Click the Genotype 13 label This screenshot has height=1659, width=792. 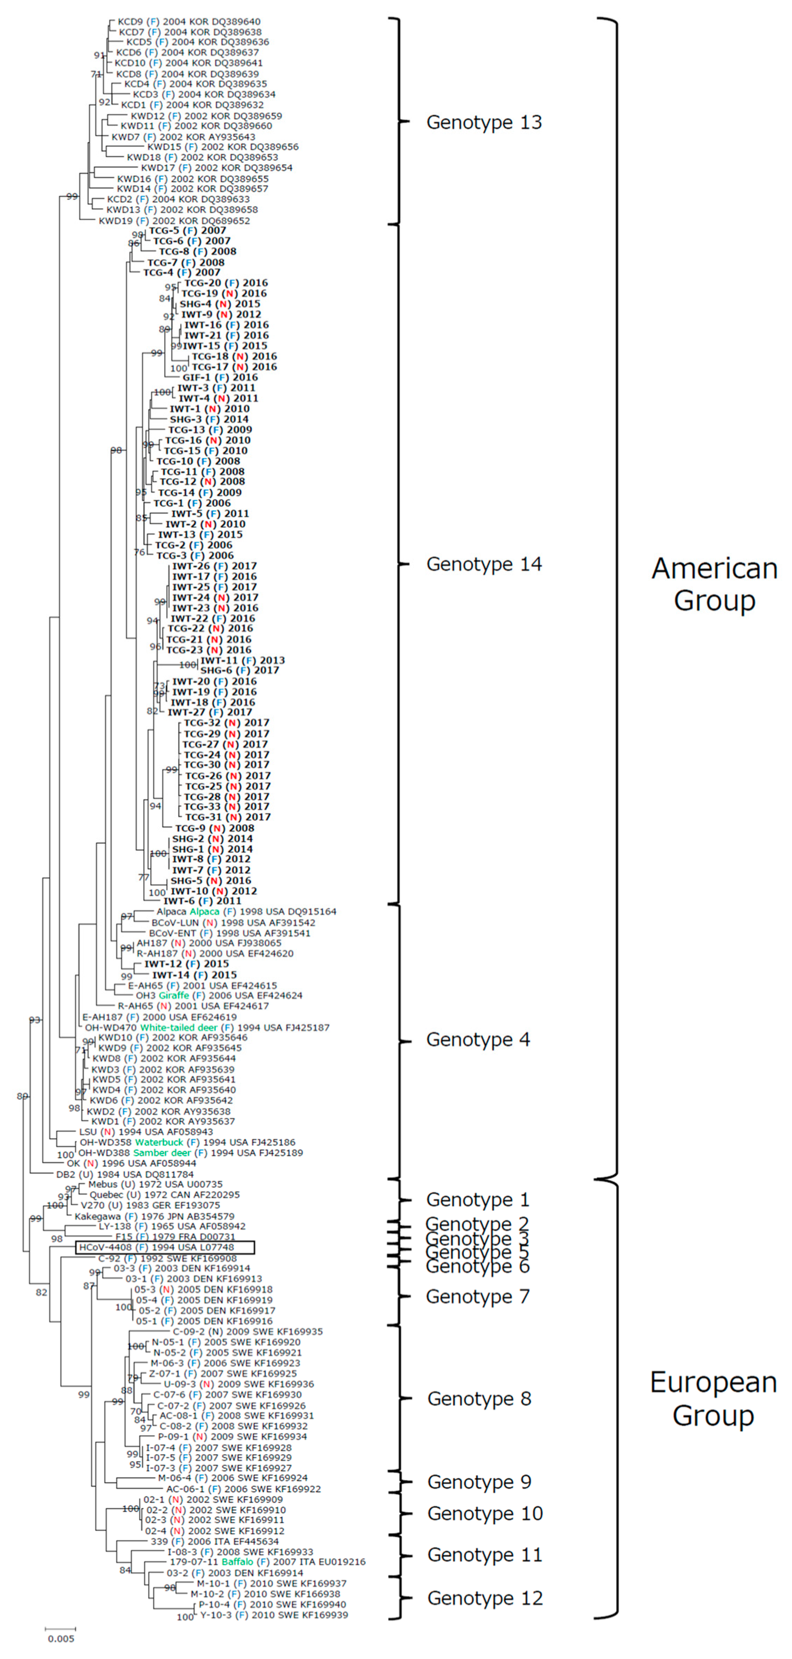pos(484,122)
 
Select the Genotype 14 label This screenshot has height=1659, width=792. pos(484,564)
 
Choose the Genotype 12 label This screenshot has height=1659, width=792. pos(485,1598)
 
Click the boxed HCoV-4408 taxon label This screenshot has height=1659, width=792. pos(165,1247)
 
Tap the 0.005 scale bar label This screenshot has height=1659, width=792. pos(61,1638)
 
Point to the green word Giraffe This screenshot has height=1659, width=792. pos(174,995)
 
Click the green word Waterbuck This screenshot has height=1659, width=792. pos(159,1142)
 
